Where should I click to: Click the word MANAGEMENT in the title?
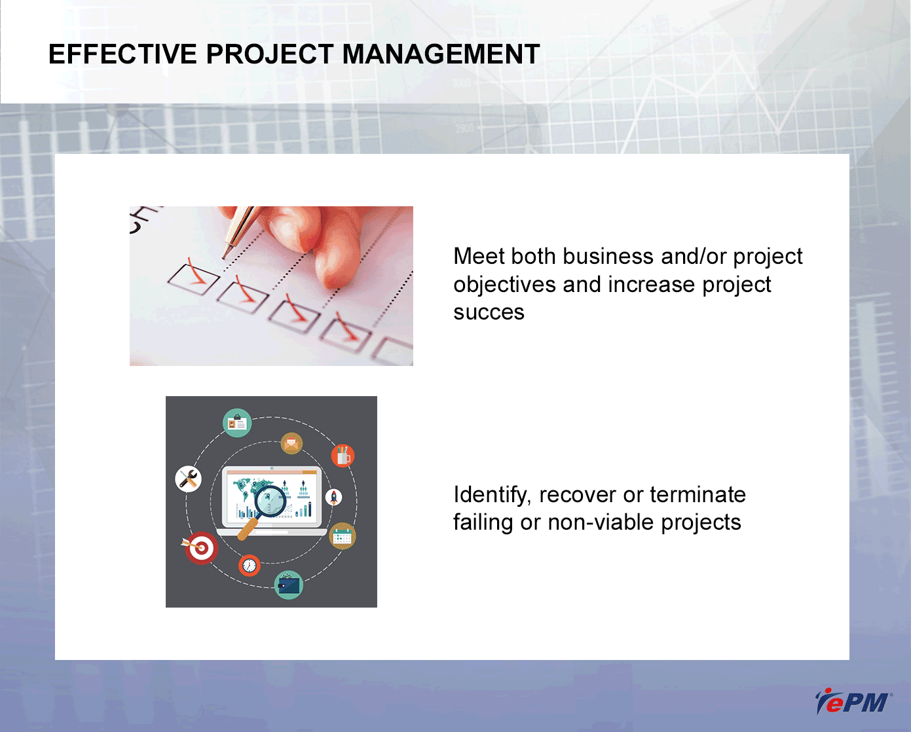(x=441, y=54)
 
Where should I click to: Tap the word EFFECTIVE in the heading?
(x=122, y=54)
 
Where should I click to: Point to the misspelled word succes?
(x=489, y=312)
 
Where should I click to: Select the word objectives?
(x=504, y=285)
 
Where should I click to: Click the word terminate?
(x=697, y=494)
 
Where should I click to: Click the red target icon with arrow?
(x=200, y=548)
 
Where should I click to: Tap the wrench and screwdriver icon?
(x=188, y=479)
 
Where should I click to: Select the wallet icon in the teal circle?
(x=289, y=585)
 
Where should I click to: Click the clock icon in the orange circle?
(x=250, y=565)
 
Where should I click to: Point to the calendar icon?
(x=343, y=536)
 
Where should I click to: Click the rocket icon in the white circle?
(x=333, y=498)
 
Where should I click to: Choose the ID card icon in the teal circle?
(x=237, y=423)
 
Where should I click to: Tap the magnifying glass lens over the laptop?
(x=270, y=502)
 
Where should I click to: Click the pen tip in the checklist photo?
(x=224, y=257)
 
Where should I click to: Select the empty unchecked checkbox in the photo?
(x=393, y=351)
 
